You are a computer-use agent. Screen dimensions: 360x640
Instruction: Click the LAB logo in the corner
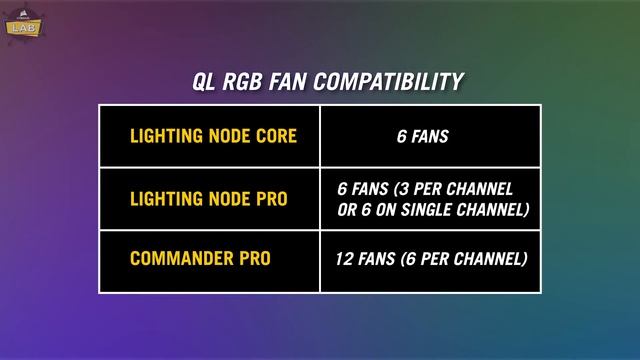click(x=20, y=24)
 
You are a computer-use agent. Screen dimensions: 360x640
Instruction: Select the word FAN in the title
click(x=292, y=82)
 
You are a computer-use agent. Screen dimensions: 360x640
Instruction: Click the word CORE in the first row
click(x=275, y=136)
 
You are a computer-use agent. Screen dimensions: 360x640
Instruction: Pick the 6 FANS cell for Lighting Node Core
click(x=422, y=136)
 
